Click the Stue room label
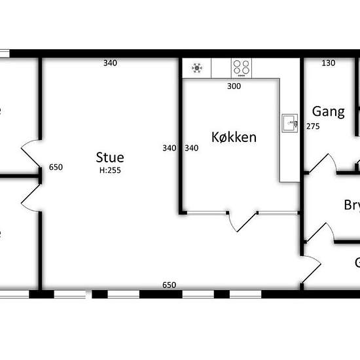tap(109, 158)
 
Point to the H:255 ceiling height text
tap(109, 170)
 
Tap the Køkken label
tap(234, 137)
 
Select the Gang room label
tap(328, 111)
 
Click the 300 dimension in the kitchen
tap(234, 86)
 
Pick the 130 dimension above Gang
tap(329, 63)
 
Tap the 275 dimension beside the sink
tap(313, 126)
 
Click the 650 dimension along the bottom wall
tap(169, 285)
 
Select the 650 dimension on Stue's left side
tap(56, 167)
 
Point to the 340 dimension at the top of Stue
tap(110, 63)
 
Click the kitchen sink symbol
tap(289, 122)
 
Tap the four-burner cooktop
tap(241, 67)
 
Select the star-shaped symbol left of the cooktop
tap(197, 67)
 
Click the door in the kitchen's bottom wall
tap(242, 221)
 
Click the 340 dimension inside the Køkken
tap(191, 148)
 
